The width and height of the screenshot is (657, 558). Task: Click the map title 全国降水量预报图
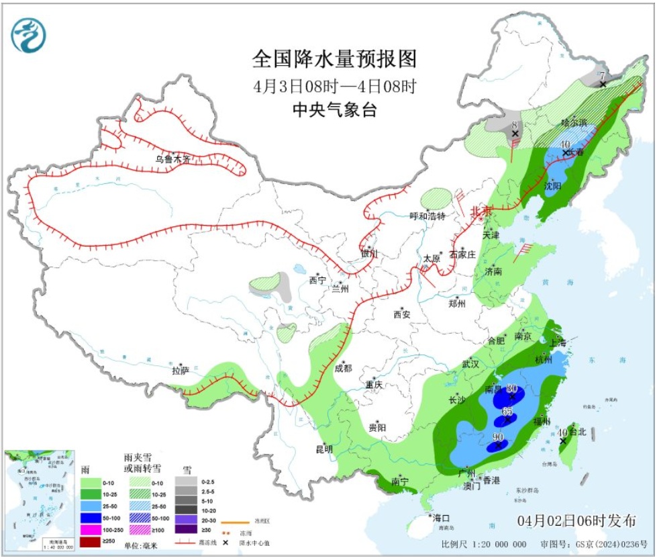[x=334, y=59]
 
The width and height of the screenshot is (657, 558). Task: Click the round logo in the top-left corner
[x=29, y=35]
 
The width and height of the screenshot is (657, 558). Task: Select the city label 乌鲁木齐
[x=173, y=159]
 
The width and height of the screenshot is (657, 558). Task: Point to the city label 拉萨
[x=180, y=370]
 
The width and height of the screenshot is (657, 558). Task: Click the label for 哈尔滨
[x=574, y=123]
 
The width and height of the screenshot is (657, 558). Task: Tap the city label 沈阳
[x=553, y=185]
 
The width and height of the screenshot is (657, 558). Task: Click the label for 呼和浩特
[x=427, y=216]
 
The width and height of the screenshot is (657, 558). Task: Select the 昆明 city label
[x=324, y=449]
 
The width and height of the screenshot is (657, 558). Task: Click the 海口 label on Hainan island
[x=440, y=518]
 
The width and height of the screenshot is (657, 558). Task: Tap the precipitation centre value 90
[x=498, y=437]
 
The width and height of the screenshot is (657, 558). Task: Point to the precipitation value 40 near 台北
[x=563, y=433]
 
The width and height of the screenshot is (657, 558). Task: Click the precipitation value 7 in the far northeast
[x=603, y=75]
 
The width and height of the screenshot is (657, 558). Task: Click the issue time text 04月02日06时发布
[x=576, y=520]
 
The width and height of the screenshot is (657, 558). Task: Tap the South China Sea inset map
[x=40, y=500]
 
